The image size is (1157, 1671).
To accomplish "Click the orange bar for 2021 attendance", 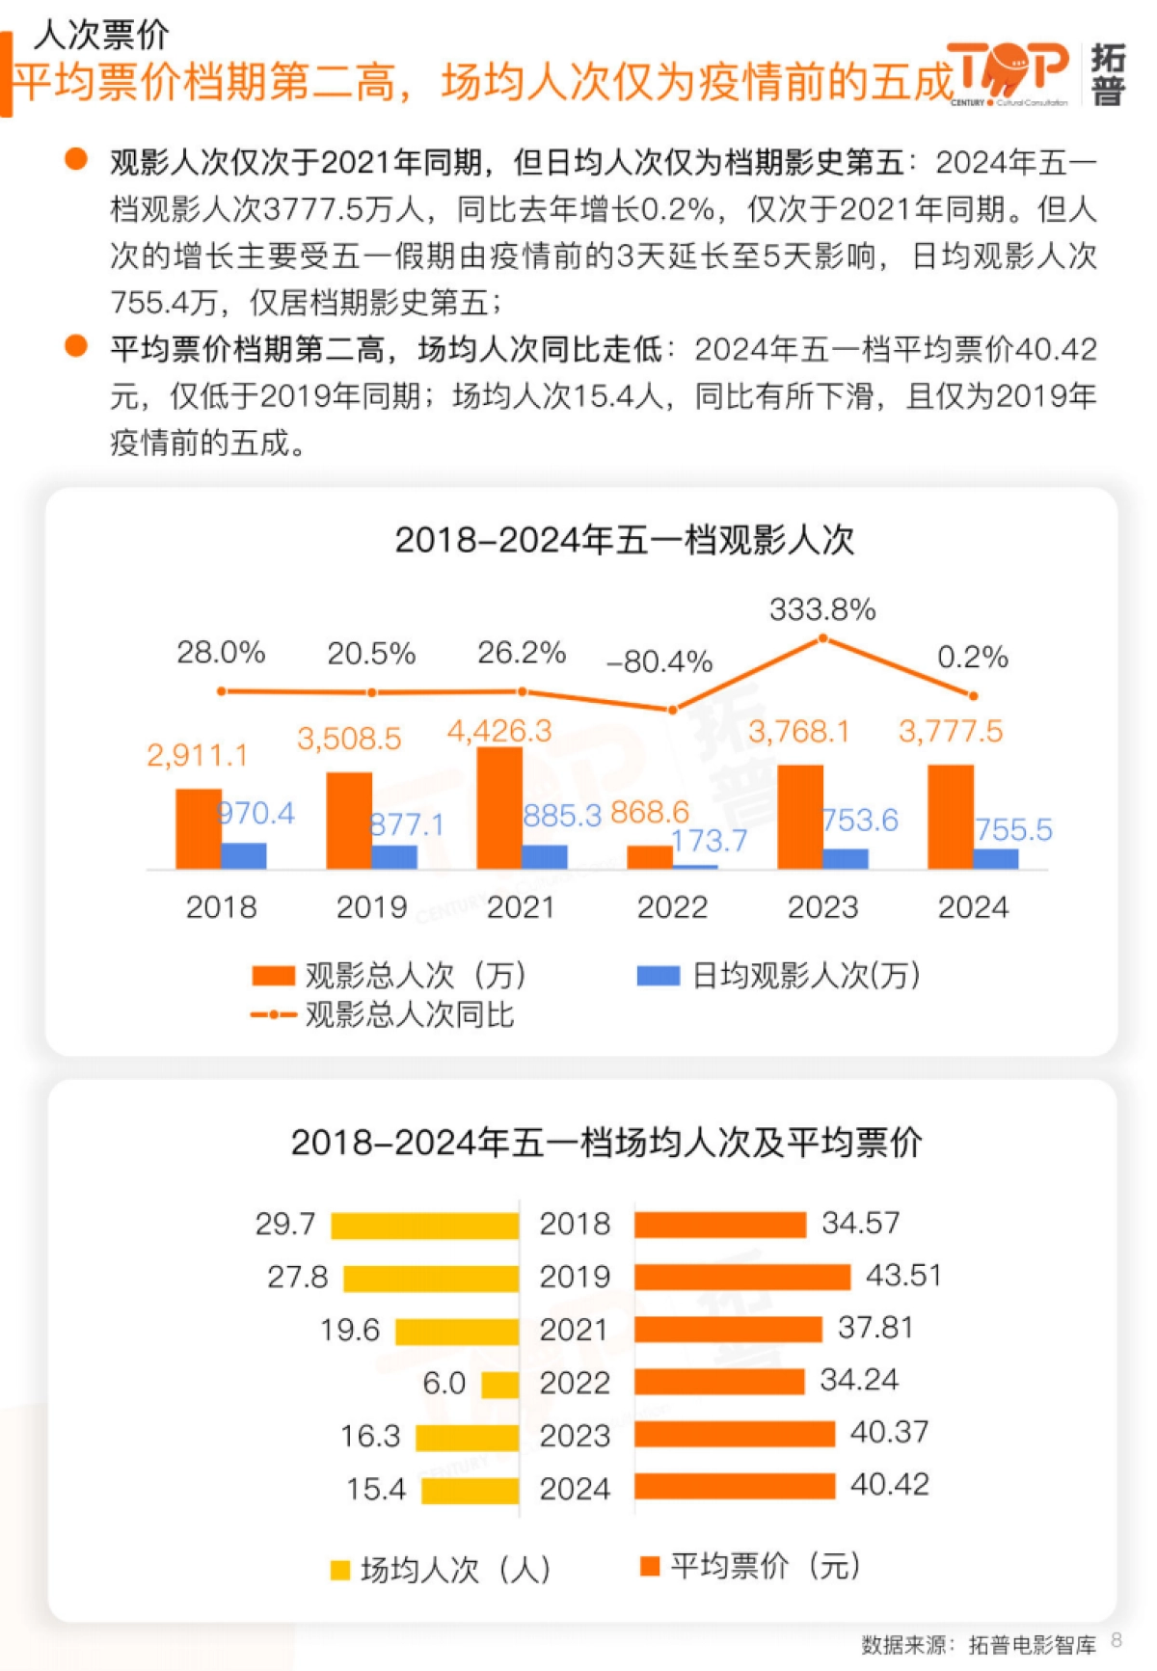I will pyautogui.click(x=498, y=808).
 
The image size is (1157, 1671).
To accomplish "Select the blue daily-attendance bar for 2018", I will pyautogui.click(x=244, y=855).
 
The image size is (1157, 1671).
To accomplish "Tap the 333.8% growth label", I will pyautogui.click(x=821, y=609).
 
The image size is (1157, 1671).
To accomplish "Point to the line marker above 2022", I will pyautogui.click(x=672, y=710).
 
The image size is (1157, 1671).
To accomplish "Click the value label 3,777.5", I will pyautogui.click(x=950, y=731).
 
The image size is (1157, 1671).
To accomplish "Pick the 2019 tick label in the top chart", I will pyautogui.click(x=371, y=907).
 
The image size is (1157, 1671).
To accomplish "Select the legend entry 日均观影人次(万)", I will pyautogui.click(x=779, y=976).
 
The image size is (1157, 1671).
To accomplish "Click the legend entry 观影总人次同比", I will pyautogui.click(x=383, y=1014).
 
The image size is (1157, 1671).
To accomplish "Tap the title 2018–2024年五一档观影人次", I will pyautogui.click(x=624, y=539).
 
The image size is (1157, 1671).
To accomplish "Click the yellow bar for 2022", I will pyautogui.click(x=499, y=1385).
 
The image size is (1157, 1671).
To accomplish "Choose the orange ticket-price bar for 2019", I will pyautogui.click(x=742, y=1277).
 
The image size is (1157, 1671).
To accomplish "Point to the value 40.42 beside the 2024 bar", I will pyautogui.click(x=889, y=1484).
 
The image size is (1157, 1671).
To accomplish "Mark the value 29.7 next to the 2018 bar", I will pyautogui.click(x=284, y=1224).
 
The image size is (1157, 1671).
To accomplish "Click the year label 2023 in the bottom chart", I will pyautogui.click(x=575, y=1436).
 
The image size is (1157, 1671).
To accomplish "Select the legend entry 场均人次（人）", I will pyautogui.click(x=441, y=1569).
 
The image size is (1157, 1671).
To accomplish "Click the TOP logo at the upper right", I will pyautogui.click(x=1009, y=72).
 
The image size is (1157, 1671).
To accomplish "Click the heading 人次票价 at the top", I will pyautogui.click(x=101, y=35).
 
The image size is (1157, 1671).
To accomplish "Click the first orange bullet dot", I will pyautogui.click(x=75, y=159).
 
